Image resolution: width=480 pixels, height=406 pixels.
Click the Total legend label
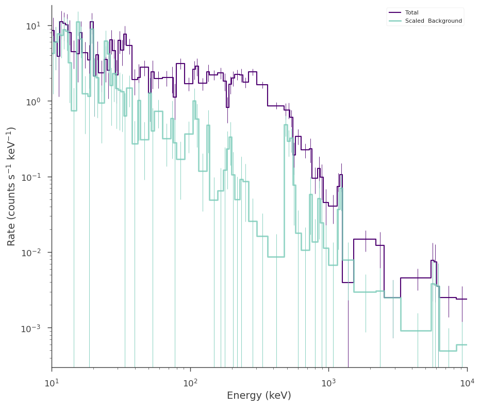[x=412, y=12]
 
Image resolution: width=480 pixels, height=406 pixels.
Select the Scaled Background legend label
[x=434, y=21]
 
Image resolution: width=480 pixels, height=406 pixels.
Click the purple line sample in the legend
[x=395, y=12]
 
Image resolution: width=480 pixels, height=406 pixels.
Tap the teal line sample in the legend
[x=395, y=21]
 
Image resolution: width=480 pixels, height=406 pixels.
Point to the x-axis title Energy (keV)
[x=259, y=395]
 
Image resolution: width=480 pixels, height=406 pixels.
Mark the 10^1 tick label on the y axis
[x=34, y=26]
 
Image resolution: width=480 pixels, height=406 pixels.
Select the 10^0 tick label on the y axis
[x=34, y=101]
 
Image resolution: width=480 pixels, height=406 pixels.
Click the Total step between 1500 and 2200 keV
[x=365, y=239]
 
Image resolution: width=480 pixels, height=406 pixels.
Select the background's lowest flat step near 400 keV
[x=276, y=257]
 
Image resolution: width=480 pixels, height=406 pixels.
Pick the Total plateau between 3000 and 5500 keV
[x=416, y=278]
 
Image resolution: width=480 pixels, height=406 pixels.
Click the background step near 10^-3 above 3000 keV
[x=416, y=331]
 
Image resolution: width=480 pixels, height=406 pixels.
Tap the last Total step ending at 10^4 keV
[x=461, y=299]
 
